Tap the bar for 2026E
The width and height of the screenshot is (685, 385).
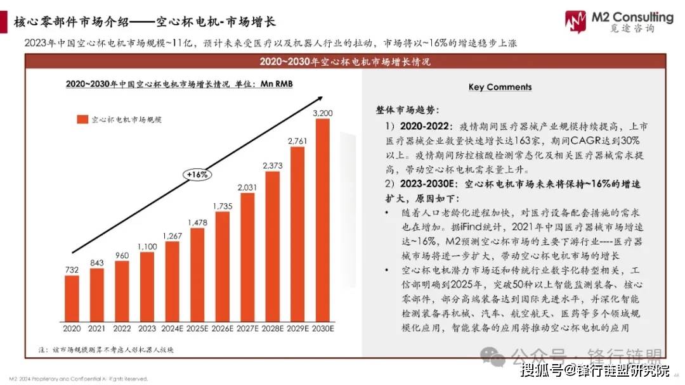223,265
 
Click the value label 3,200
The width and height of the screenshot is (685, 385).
323,113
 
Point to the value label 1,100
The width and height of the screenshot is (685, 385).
147,246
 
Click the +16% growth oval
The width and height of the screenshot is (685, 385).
197,174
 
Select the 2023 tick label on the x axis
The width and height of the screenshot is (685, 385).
147,328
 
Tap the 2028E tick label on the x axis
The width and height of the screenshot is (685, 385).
273,328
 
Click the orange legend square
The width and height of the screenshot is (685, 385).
82,118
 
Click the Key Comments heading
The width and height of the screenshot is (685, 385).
500,87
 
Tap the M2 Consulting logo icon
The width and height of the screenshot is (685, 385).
576,22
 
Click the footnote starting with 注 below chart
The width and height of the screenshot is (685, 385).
105,350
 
